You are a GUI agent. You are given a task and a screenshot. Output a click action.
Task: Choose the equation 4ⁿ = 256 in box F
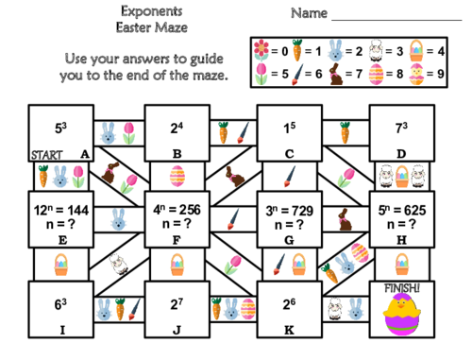176,210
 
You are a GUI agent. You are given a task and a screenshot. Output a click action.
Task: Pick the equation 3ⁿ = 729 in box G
290,210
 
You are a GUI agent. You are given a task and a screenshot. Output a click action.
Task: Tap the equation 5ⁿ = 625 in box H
402,210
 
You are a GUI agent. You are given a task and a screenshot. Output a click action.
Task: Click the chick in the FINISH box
402,315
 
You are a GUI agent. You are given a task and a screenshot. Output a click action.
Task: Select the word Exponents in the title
145,11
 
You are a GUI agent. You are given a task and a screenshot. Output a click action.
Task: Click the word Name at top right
309,13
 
